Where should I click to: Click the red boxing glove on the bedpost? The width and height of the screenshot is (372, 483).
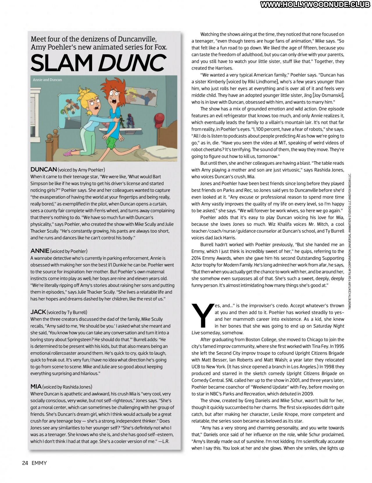coord(160,119)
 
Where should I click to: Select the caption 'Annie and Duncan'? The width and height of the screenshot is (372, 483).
coord(47,80)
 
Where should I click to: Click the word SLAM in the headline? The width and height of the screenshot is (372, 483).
coord(61,63)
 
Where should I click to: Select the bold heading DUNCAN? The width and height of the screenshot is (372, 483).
coord(44,170)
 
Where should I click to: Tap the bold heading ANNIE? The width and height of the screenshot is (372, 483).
coord(40,251)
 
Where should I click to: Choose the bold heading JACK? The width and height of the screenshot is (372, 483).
coord(38,312)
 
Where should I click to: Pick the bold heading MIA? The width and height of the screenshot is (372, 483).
coord(36,386)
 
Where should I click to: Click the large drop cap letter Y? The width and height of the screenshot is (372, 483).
coord(202,316)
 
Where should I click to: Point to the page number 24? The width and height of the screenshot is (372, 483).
coord(25,463)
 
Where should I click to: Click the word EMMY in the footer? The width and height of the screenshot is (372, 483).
coord(39,463)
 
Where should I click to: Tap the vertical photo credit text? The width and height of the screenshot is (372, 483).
coord(350,241)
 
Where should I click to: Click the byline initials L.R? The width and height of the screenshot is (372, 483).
coord(165,441)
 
